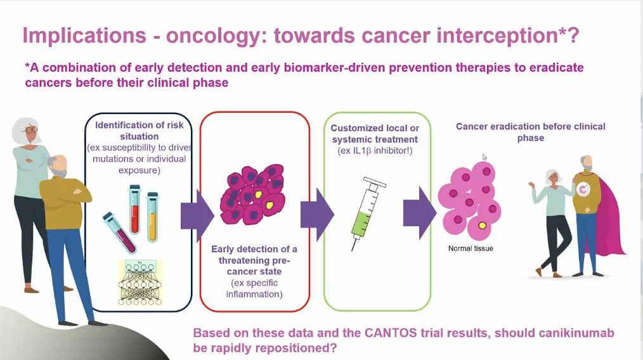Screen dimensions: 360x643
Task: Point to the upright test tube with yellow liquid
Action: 152,218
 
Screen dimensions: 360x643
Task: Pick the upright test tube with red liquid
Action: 134,209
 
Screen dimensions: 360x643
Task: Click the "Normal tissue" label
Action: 471,248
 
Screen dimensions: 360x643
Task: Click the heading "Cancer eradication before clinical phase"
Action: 530,132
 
